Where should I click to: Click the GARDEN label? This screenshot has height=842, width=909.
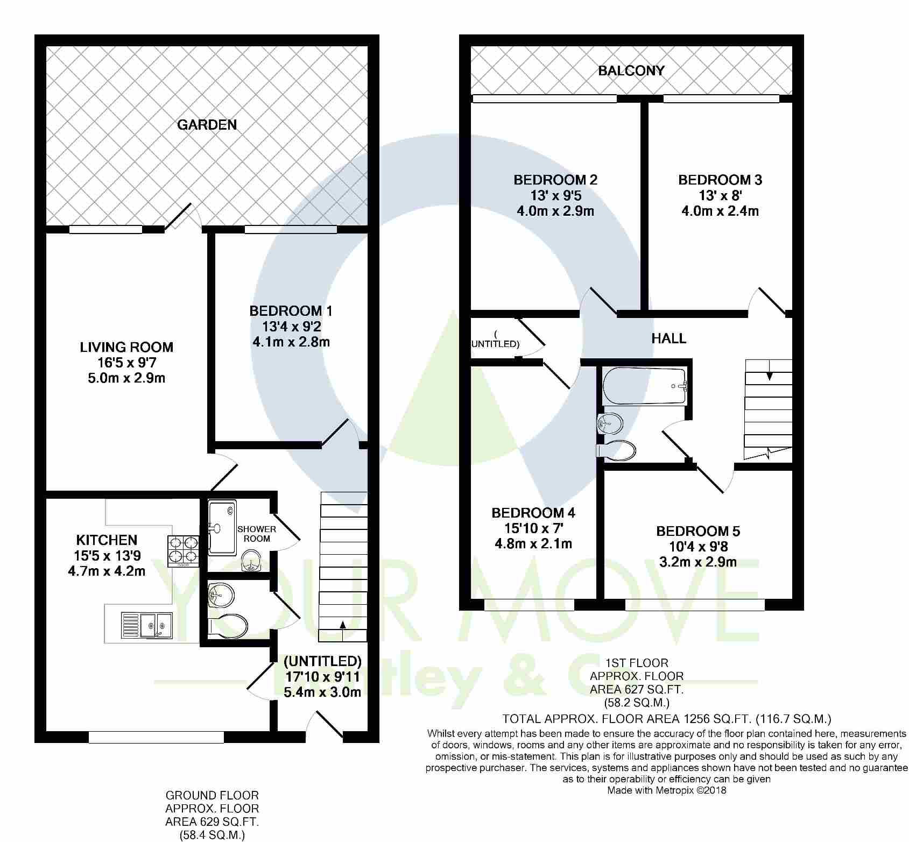(207, 125)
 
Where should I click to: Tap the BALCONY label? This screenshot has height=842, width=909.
(631, 70)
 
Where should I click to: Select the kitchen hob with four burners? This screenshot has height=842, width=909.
(184, 551)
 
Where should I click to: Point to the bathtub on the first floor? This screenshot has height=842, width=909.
(645, 386)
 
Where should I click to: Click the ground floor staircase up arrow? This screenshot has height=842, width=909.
(342, 630)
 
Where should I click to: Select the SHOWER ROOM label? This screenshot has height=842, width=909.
(256, 534)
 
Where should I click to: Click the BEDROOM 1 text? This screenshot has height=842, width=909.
(291, 311)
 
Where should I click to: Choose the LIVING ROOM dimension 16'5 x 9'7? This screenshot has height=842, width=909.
(126, 363)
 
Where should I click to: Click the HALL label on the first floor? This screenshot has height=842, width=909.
(669, 338)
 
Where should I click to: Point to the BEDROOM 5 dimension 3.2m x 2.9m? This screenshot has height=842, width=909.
(698, 562)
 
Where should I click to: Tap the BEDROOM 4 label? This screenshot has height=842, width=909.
(533, 513)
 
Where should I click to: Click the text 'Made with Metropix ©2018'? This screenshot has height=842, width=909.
(667, 790)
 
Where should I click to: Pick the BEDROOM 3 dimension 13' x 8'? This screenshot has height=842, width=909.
(720, 195)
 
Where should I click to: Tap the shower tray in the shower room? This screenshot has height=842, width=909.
(222, 527)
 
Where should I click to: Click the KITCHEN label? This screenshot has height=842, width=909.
(107, 540)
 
